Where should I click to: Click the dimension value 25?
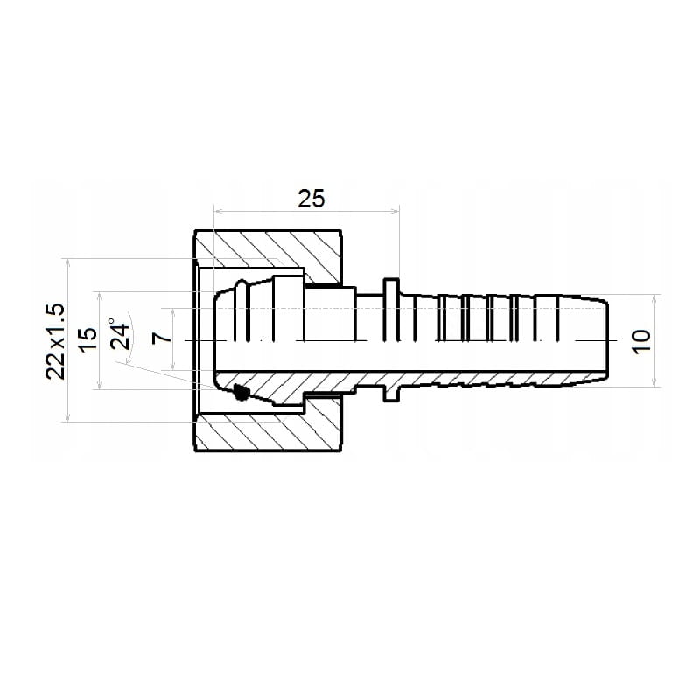coord(311,199)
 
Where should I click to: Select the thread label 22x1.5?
coord(55,341)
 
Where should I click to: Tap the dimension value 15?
coord(87,340)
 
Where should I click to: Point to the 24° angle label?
coord(119,333)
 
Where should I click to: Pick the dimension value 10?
coord(642,342)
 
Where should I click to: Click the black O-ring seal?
coord(241,392)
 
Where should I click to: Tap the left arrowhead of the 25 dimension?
coord(218,211)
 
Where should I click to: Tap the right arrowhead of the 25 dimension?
coord(395,211)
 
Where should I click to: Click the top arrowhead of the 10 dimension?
coord(654,298)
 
